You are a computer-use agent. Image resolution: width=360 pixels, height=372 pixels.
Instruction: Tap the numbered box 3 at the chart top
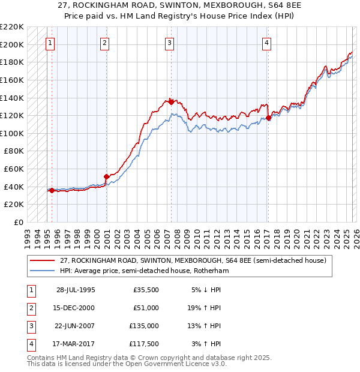click(x=170, y=43)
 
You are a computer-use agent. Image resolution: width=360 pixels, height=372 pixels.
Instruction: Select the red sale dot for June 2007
click(x=171, y=101)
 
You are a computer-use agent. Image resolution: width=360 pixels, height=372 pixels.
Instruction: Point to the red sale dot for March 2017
click(x=268, y=118)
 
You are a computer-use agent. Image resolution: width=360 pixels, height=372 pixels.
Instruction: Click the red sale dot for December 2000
click(x=106, y=177)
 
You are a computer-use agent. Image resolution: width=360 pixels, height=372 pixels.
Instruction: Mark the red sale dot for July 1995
click(x=52, y=191)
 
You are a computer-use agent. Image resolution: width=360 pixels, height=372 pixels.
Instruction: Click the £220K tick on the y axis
click(x=12, y=27)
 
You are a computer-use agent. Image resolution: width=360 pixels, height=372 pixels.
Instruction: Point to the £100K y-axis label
click(x=12, y=133)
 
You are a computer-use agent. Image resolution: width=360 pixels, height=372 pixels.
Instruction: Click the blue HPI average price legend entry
click(x=144, y=271)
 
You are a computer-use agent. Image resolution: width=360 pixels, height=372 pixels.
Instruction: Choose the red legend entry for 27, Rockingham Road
click(x=192, y=261)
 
